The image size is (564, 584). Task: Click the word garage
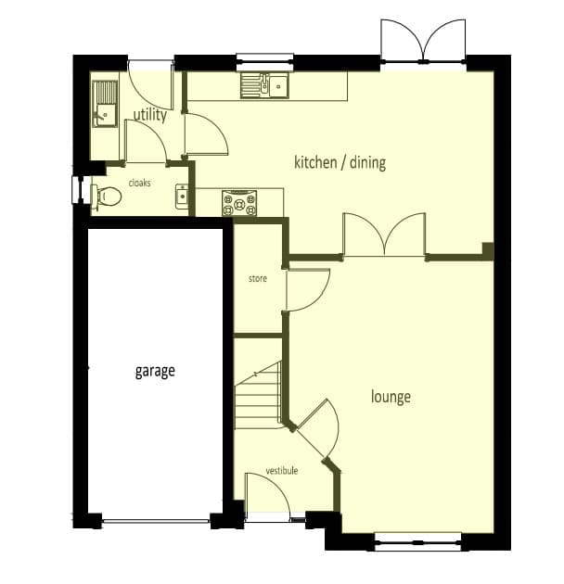(155, 372)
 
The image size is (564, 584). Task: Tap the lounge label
(391, 397)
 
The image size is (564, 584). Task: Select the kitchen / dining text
(340, 162)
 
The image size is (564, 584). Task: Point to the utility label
(150, 115)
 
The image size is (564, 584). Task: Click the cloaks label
(139, 183)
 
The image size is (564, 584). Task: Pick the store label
(258, 278)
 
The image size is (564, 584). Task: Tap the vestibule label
(282, 470)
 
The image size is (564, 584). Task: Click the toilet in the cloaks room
(107, 195)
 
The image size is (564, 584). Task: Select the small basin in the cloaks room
(182, 196)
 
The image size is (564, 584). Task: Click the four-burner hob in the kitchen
(239, 203)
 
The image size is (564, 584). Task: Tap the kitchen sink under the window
(264, 85)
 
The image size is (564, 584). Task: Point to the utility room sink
(105, 104)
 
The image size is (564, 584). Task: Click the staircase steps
(258, 396)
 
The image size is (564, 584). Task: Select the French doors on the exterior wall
(423, 41)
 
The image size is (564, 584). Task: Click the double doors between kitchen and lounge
(384, 235)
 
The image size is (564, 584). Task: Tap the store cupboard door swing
(307, 290)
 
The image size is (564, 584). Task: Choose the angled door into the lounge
(317, 428)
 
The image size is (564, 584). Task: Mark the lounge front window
(418, 542)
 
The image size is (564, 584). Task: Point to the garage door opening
(156, 521)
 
